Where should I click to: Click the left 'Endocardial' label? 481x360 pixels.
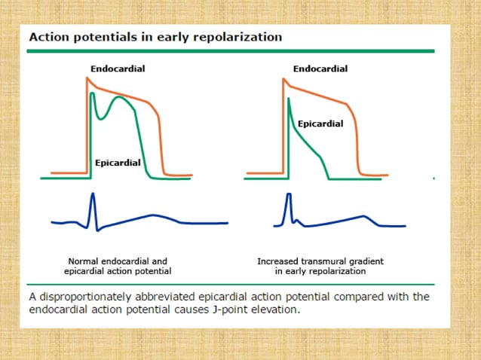118,69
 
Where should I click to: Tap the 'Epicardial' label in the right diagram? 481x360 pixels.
320,124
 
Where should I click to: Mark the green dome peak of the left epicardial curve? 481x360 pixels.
119,97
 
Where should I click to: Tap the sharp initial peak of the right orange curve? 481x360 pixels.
283,77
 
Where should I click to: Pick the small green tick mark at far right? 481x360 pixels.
434,178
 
